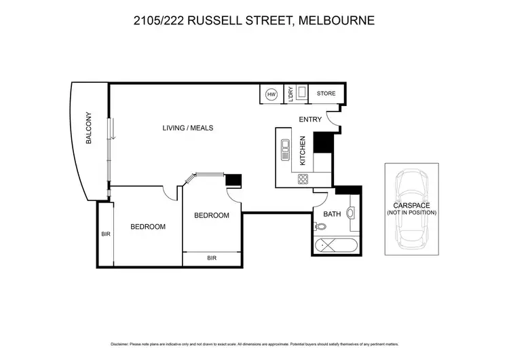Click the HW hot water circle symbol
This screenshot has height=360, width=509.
coord(271,94)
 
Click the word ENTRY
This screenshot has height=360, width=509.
coord(310,120)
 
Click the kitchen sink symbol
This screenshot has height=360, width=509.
coord(283,147)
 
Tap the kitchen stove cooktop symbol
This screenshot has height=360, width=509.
coord(303,179)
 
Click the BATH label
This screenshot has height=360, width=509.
coord(332,214)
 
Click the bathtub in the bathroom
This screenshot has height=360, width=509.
coord(337,245)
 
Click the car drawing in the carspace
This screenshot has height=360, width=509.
coord(411,209)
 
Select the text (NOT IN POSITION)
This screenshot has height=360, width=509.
coord(411,213)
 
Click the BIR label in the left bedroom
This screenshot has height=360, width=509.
coord(105,233)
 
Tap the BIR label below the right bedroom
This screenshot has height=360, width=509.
coord(212,258)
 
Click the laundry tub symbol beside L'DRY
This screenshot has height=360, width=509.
coord(301,94)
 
